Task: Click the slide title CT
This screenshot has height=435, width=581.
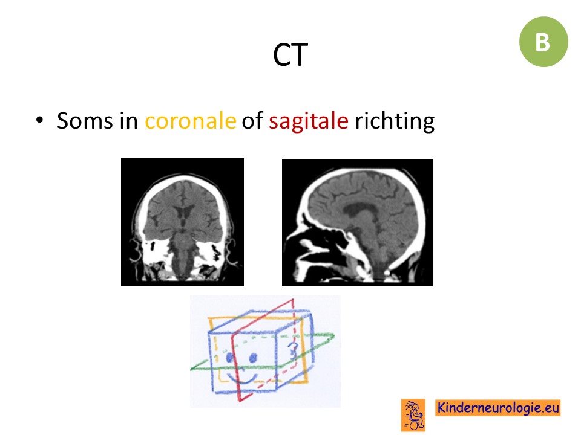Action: pos(290,55)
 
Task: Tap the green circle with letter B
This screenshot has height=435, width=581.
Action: pos(543,42)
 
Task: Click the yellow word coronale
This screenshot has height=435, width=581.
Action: pos(190,121)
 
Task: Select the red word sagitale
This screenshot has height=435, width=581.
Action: pos(308,121)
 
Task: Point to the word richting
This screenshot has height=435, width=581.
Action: pos(395,121)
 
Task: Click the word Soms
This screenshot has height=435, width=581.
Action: pos(85,121)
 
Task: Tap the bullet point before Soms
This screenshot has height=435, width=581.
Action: pos(40,120)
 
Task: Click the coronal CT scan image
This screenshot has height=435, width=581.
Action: pos(182,222)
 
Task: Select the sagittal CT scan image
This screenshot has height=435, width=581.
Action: pos(358,222)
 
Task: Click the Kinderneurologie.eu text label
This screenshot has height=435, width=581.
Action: pos(497,408)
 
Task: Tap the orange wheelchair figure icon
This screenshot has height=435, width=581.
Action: pos(413,415)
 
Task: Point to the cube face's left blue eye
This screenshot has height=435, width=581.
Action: pos(229,357)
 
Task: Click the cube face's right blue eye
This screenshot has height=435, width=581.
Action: pos(253,358)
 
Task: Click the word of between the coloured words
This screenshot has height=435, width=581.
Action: pos(252,121)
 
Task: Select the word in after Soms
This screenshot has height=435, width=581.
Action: pos(128,121)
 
